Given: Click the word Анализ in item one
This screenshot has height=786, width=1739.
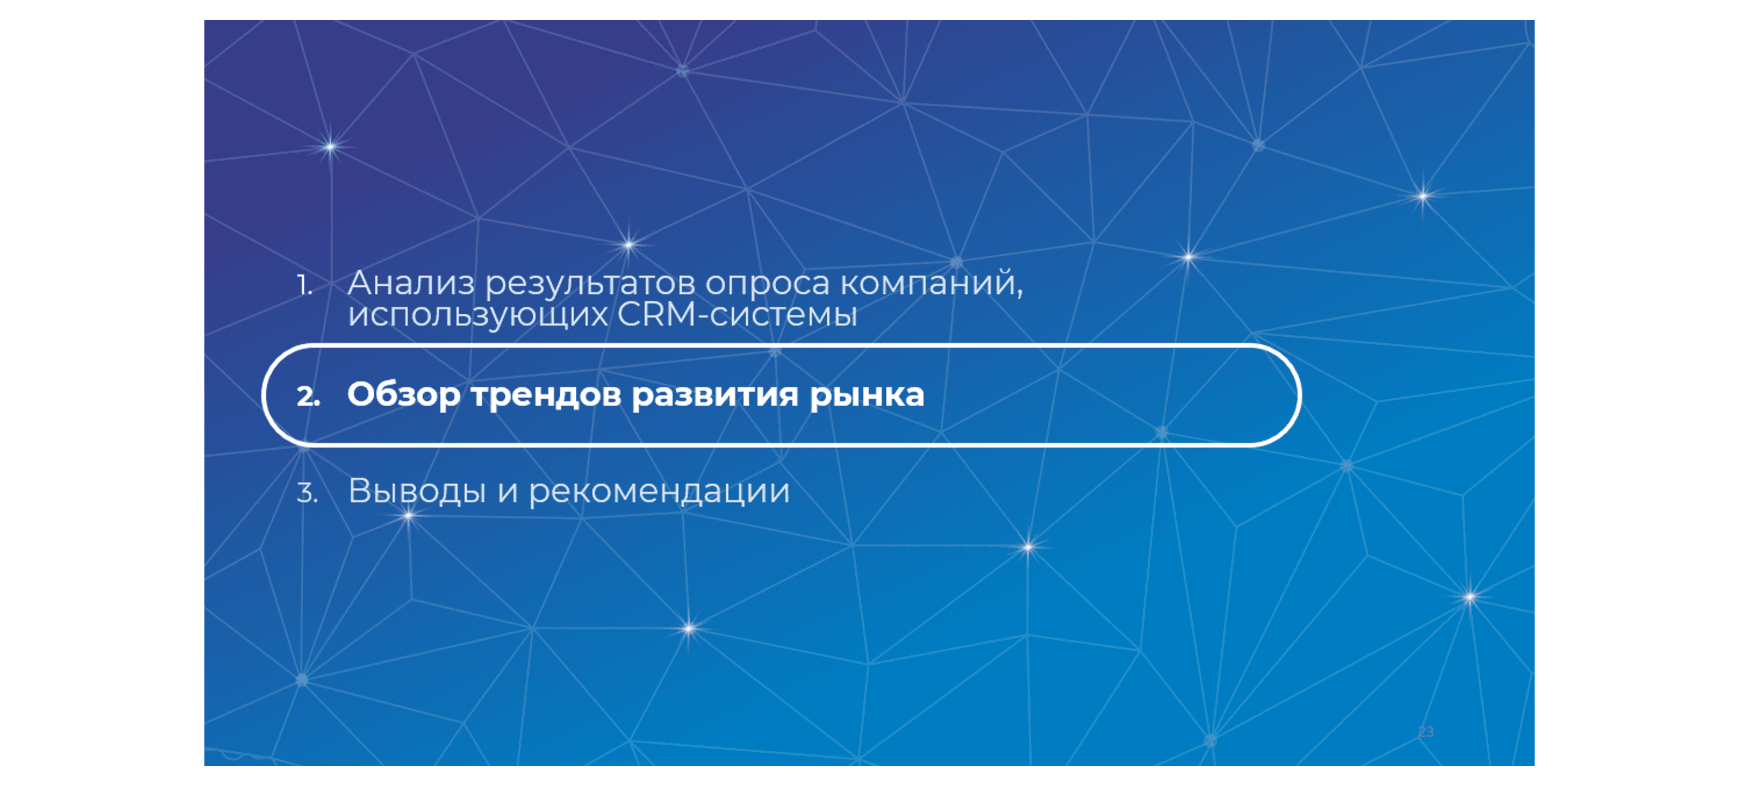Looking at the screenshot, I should (410, 283).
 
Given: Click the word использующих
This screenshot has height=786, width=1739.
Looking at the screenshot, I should (477, 315).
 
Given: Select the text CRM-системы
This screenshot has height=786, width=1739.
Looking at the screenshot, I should (737, 314).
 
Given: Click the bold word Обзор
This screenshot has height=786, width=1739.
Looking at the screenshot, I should (403, 395).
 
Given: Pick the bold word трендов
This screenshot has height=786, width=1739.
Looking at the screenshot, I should (545, 395).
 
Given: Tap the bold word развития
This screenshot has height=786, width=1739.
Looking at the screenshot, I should (715, 395).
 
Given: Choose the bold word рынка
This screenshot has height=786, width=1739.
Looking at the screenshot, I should (866, 395).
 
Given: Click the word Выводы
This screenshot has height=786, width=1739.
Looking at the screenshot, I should (417, 491).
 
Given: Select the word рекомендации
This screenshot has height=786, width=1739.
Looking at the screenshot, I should (659, 491).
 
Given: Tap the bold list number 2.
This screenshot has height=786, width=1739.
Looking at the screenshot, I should (307, 396).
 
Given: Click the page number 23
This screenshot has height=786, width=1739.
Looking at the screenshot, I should (1425, 732).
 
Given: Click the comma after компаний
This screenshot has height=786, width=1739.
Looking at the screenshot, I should (1020, 293).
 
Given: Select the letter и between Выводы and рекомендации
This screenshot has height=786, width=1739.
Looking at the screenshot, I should (508, 492).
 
